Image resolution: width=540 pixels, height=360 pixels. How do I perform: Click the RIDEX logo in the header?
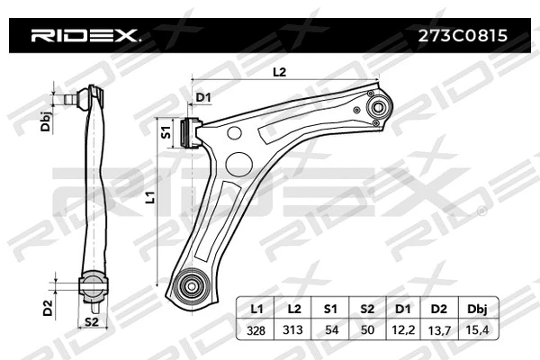tap(85, 37)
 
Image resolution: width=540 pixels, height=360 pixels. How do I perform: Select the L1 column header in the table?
tap(256, 309)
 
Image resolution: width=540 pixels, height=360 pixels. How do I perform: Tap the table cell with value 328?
tap(256, 331)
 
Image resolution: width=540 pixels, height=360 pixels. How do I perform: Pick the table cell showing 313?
tap(292, 331)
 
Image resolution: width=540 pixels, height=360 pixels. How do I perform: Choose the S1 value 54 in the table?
tap(330, 331)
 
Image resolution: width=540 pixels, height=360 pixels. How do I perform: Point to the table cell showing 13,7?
tap(439, 331)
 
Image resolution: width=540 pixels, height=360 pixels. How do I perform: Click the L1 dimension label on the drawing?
tap(151, 194)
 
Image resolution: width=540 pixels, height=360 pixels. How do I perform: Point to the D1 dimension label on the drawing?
tap(202, 97)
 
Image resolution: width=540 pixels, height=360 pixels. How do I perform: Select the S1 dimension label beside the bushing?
tap(166, 132)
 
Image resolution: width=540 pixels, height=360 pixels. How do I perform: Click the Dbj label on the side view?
tap(45, 123)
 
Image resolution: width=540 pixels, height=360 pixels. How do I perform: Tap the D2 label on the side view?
tap(47, 306)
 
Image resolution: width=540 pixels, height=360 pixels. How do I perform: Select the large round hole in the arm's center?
tap(238, 164)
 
